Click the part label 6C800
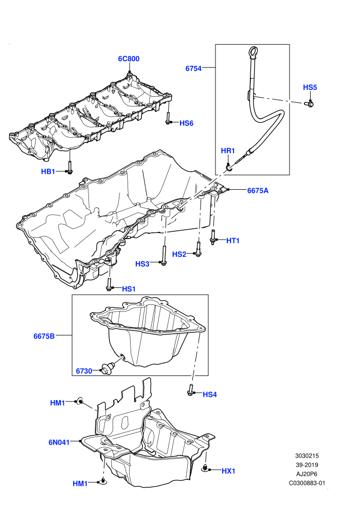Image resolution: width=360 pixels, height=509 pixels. pos(129,59)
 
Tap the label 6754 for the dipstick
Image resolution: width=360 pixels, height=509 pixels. pos(193,68)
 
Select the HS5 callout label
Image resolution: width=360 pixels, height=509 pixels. pos(310,87)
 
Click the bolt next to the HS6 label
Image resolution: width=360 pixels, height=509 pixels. pos(168,118)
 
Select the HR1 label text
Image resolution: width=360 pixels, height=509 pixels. pos(227,151)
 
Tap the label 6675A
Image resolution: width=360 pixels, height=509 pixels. pos(258,191)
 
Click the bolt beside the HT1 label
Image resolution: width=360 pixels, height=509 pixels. pos(213,237)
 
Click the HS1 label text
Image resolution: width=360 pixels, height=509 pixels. pos(129,289)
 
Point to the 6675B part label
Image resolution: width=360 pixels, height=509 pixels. pos(44,336)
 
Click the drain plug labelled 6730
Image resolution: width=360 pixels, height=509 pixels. pos(106,369)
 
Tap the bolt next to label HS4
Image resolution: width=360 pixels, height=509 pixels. pos(191,390)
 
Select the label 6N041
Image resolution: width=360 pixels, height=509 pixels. pos(59,442)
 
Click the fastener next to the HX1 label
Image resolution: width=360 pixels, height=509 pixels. pos(205,468)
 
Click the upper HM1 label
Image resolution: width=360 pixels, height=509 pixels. pos(58,403)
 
